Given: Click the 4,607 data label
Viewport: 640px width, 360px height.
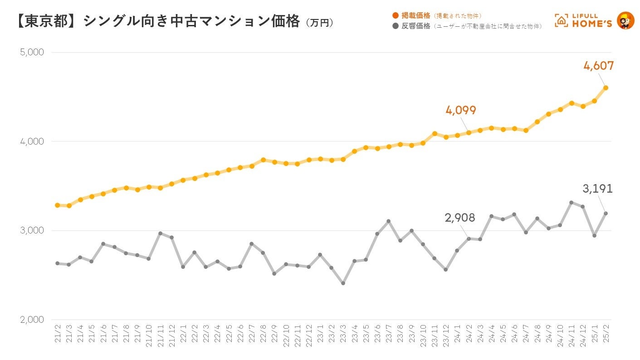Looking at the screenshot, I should [599, 66].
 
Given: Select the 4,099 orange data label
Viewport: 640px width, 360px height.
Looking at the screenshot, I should [461, 110].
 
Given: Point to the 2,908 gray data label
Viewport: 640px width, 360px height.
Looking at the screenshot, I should [460, 218].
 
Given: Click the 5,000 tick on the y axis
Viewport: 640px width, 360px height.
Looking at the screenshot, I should [32, 52].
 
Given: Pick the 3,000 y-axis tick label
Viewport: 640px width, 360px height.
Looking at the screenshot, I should [32, 230].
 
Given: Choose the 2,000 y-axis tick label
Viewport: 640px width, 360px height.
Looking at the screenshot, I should [32, 320].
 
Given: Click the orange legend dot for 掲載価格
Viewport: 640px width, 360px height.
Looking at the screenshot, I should [396, 16].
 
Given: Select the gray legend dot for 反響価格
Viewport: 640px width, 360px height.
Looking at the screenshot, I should [396, 26].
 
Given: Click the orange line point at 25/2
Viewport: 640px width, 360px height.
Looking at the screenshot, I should [606, 88].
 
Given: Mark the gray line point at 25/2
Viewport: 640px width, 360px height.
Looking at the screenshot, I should [606, 213].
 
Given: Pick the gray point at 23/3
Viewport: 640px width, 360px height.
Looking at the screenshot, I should [343, 283].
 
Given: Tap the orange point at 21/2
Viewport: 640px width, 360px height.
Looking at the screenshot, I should [58, 205].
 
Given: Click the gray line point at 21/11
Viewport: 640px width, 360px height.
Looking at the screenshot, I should [160, 234].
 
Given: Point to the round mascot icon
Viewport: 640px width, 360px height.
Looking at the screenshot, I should [626, 20].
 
